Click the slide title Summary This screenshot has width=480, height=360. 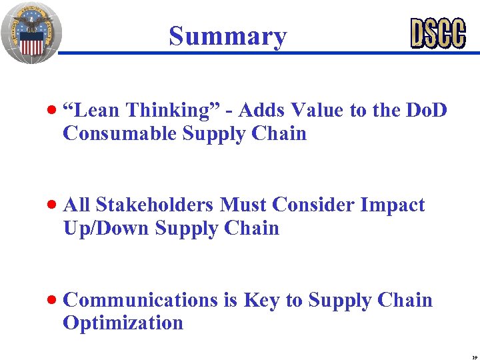point(227,36)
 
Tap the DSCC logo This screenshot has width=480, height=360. point(437,33)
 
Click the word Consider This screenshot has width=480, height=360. point(315,205)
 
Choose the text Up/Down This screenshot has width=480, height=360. point(106,228)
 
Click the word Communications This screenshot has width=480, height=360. point(140,300)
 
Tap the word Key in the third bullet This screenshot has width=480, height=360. point(262,300)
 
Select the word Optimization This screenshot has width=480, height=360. point(123,323)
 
